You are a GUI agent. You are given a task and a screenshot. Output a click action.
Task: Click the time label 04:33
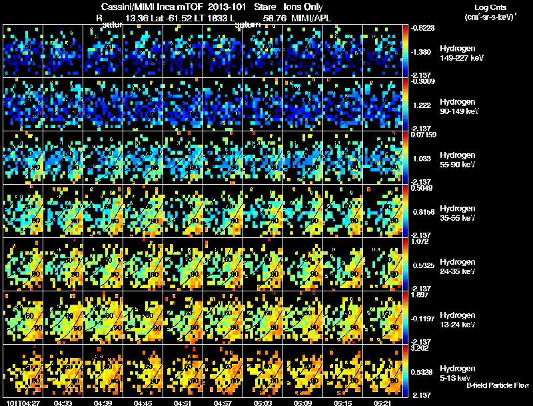click(63, 403)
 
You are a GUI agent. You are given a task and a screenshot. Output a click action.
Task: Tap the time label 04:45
click(144, 403)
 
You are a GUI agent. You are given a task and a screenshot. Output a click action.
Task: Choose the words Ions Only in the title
click(303, 7)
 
